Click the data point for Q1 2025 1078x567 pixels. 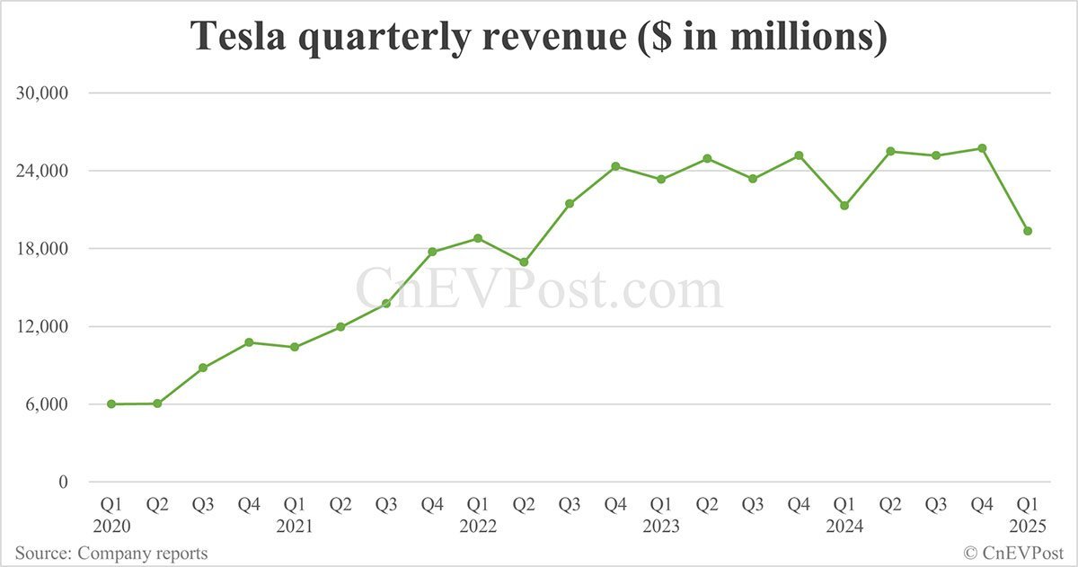coord(1028,231)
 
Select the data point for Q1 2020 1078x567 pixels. coord(111,404)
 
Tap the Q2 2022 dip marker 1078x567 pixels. coord(524,262)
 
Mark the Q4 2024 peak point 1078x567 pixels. coord(982,148)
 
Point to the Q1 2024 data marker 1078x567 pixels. coord(844,206)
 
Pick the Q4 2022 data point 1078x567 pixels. coord(615,166)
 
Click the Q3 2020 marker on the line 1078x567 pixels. coord(203,368)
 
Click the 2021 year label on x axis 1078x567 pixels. coord(295,527)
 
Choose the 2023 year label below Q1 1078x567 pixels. coord(661,527)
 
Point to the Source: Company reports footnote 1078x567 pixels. coord(111,554)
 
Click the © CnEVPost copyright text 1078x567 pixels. coord(1013,554)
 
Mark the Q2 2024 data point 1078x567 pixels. coord(890,151)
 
